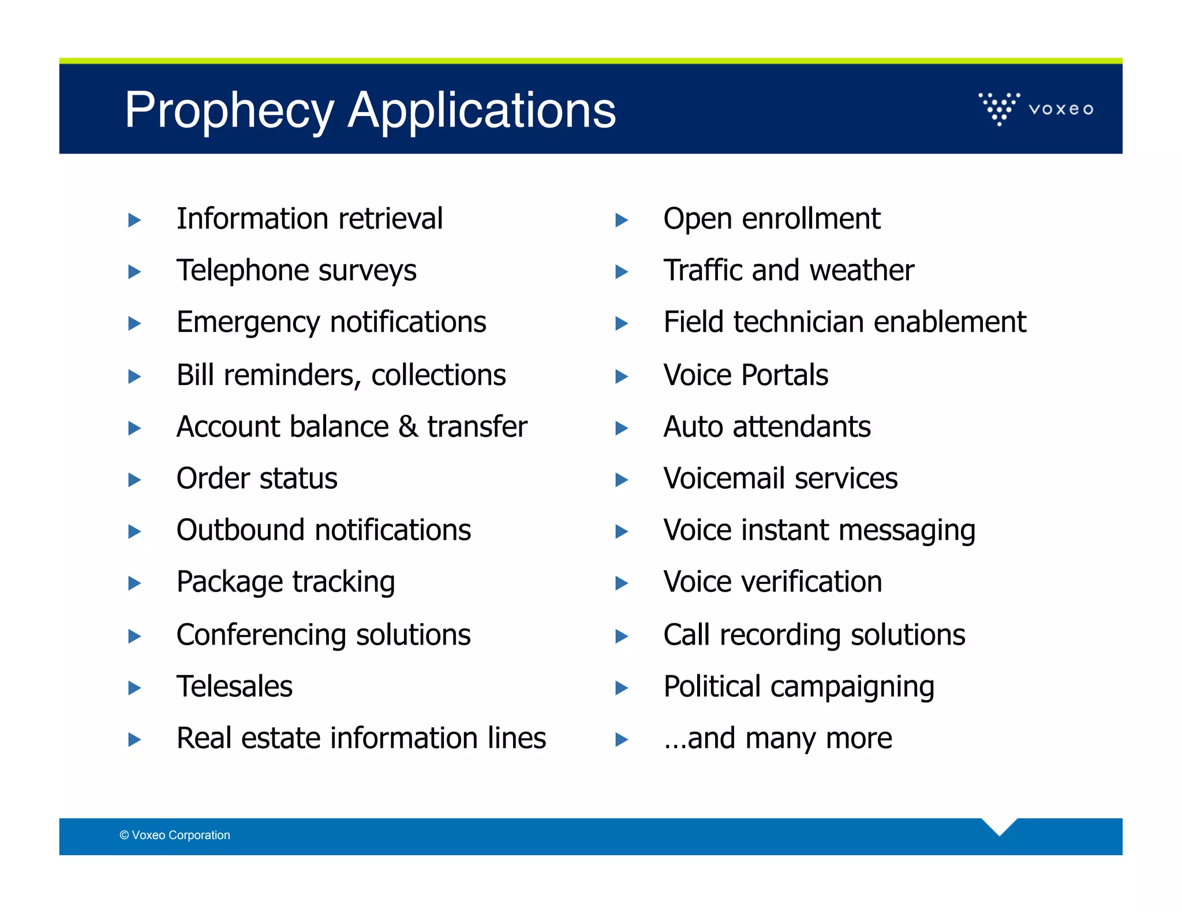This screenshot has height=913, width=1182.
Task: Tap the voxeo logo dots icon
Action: pos(999,108)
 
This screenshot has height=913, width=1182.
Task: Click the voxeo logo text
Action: pos(1061,109)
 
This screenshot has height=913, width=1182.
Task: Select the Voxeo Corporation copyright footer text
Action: pos(175,835)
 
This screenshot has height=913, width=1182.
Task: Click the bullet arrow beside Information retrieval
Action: pos(134,220)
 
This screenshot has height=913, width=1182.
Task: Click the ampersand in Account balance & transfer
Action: pos(408,426)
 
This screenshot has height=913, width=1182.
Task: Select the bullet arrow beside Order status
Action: pos(134,480)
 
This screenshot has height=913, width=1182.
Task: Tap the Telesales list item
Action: pos(234,686)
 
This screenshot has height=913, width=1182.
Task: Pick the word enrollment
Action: pos(811,219)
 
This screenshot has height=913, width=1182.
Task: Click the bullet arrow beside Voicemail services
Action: pos(622,480)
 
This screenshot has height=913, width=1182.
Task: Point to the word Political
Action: pos(712,686)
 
